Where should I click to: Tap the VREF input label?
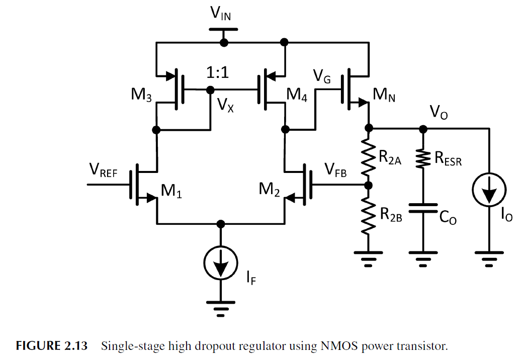point(103,172)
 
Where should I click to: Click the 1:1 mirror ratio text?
point(218,73)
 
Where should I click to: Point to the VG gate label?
point(322,76)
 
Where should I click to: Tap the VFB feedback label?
point(335,171)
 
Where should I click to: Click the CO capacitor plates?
point(423,208)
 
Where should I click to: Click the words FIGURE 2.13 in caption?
point(52,346)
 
